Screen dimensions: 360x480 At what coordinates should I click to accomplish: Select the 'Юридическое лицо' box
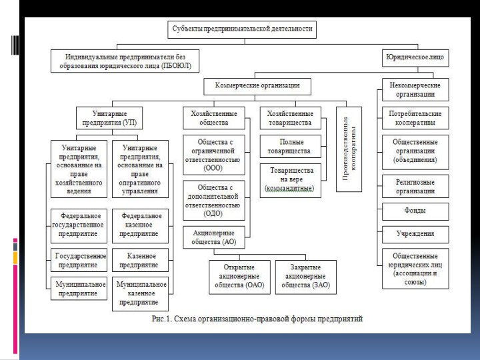click(415, 58)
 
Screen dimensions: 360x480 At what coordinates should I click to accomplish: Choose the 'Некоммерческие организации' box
click(415, 90)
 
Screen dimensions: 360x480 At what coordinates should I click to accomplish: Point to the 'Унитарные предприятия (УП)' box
click(110, 118)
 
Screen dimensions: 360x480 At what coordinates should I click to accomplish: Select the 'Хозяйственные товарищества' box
click(290, 118)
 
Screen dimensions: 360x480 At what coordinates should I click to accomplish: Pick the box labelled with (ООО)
click(214, 155)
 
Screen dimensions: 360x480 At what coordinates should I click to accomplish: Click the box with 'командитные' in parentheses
click(291, 180)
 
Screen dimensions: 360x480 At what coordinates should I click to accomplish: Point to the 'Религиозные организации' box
click(415, 186)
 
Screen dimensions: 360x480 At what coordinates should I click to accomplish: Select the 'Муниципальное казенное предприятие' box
click(139, 293)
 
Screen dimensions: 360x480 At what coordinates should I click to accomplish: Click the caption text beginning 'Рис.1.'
click(257, 319)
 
